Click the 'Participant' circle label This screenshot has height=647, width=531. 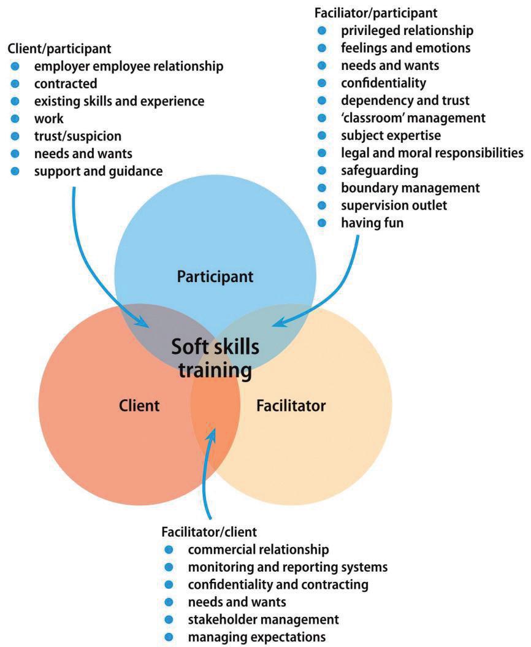point(215,277)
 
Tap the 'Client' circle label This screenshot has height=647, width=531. point(139,405)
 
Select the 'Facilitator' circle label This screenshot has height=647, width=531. point(291,405)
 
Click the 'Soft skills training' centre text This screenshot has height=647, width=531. point(215,358)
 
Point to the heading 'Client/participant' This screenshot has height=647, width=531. point(59,47)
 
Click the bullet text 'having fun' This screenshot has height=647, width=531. point(372,223)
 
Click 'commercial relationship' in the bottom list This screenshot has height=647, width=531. point(258,548)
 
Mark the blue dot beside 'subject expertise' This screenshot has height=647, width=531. point(323,135)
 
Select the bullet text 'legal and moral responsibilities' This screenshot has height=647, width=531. point(432,152)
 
